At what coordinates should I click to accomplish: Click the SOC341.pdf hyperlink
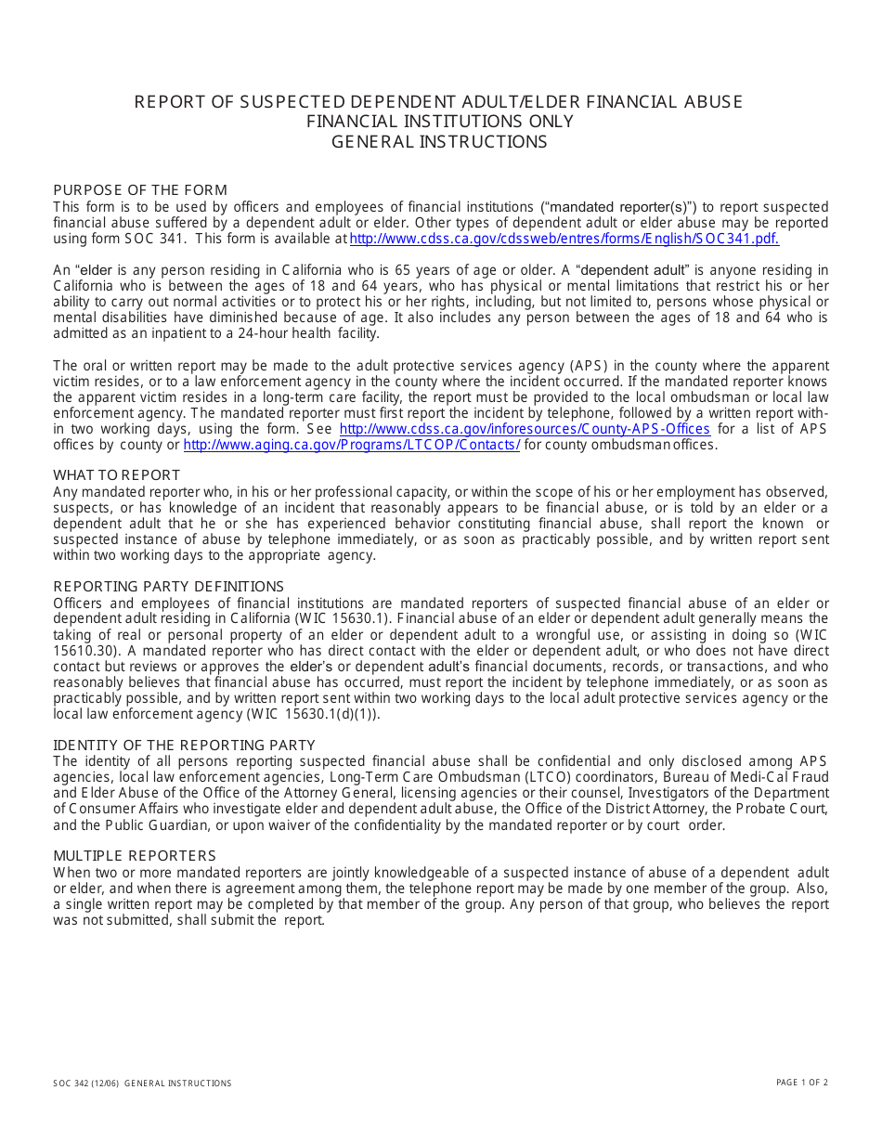[x=564, y=239]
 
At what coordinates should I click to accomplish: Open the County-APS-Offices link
[x=525, y=429]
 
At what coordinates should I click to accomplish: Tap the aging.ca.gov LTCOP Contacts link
[x=352, y=445]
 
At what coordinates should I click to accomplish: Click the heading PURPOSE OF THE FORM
[x=140, y=190]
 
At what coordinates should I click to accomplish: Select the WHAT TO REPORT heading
[x=117, y=475]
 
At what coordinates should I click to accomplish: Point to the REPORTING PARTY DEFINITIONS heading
[x=168, y=587]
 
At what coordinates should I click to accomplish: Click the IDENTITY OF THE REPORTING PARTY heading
[x=184, y=746]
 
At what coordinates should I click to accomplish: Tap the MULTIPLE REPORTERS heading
[x=135, y=856]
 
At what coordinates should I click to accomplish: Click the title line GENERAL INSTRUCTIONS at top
[x=439, y=142]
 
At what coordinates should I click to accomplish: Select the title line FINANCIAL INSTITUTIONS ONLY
[x=440, y=122]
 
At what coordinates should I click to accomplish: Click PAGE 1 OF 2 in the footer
[x=802, y=1083]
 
